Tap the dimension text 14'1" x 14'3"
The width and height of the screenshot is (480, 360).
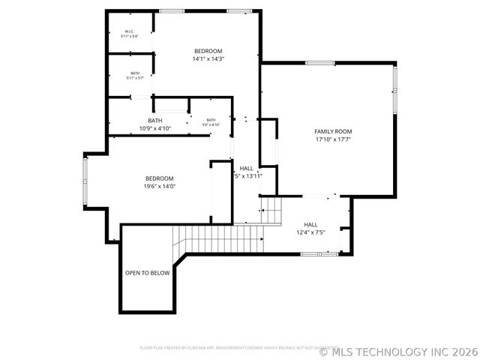point(208,58)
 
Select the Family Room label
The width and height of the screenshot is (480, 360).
point(332,131)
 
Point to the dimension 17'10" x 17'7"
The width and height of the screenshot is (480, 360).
point(332,139)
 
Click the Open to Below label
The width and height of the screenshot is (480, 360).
point(147,273)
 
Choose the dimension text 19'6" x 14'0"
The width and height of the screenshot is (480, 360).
point(160,186)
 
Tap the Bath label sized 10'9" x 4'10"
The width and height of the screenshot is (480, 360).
point(155,121)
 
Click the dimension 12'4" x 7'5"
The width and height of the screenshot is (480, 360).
point(310,232)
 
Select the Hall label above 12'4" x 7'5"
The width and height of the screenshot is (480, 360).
point(310,224)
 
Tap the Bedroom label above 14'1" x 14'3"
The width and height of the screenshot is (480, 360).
point(208,51)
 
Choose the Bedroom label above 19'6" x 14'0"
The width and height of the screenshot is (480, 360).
point(160,178)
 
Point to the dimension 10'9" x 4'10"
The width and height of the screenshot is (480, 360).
point(155,128)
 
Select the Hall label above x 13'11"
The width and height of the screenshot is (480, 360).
point(247,168)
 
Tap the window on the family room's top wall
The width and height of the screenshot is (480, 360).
point(315,63)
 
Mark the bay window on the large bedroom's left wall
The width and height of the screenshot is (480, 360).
point(85,180)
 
